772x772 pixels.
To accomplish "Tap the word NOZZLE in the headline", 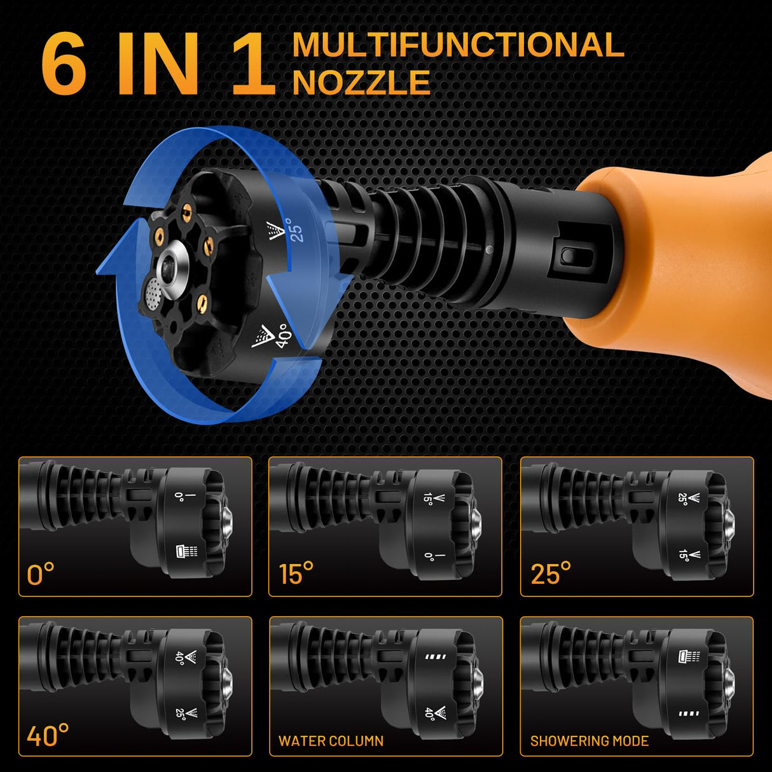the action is (362, 82).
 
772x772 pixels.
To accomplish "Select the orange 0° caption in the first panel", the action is (41, 574).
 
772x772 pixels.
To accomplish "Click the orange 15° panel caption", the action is (296, 574).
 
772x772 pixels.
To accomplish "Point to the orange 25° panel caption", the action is (551, 574).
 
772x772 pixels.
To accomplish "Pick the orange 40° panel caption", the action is (48, 734).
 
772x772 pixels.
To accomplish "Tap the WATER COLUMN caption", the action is (331, 741).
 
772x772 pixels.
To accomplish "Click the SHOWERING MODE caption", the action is (589, 741).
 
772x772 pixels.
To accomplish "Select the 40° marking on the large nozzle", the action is (272, 336).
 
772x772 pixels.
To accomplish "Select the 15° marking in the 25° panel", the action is (689, 555).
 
